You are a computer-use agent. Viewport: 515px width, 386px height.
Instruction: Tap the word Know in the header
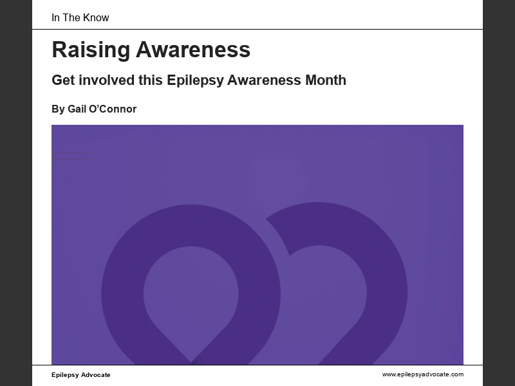coord(96,17)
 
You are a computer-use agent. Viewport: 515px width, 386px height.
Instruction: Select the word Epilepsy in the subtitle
coord(193,80)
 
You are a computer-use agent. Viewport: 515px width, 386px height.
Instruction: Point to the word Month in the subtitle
coord(324,80)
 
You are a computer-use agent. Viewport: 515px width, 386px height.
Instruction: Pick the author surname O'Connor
coord(112,109)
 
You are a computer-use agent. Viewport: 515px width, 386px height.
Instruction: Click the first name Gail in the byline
coord(77,109)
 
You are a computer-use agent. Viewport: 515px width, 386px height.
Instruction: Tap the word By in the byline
coord(58,109)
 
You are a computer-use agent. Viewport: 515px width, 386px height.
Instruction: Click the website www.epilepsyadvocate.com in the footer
coord(422,374)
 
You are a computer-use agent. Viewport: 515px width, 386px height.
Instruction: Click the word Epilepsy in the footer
coord(65,375)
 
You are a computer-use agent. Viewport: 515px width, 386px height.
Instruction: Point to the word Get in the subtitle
coord(63,80)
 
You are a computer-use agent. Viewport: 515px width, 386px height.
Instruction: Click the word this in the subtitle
coord(151,80)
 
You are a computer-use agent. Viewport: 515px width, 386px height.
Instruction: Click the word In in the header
coord(55,17)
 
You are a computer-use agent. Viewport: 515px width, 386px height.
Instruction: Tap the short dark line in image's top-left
coord(73,160)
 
